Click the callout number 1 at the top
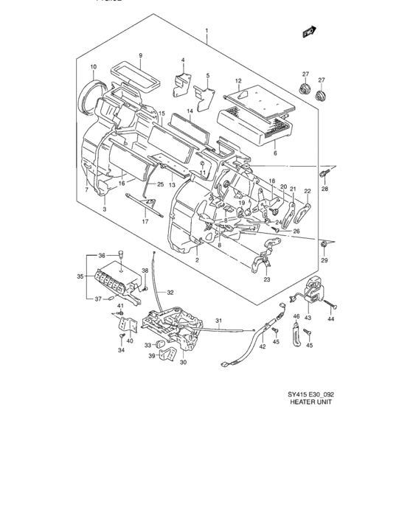tap(207, 32)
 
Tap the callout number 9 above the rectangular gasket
tap(140, 57)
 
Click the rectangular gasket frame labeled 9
tap(137, 74)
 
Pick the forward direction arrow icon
tap(308, 32)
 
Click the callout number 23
tap(266, 279)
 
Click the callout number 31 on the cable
tap(219, 320)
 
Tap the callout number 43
tap(308, 318)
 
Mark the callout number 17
tap(145, 221)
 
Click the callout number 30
tap(183, 362)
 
